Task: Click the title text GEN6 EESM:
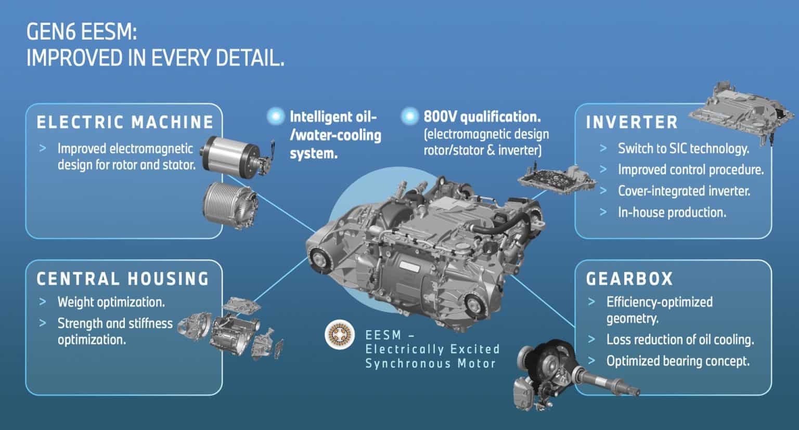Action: pyautogui.click(x=82, y=33)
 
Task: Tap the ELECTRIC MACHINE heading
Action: pyautogui.click(x=125, y=123)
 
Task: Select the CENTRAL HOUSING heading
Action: pyautogui.click(x=123, y=279)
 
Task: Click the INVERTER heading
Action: pyautogui.click(x=632, y=123)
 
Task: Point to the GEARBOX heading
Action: pyautogui.click(x=629, y=279)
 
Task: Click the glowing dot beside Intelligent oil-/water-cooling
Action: pyautogui.click(x=275, y=116)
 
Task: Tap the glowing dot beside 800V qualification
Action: pyautogui.click(x=410, y=115)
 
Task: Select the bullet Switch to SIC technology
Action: pyautogui.click(x=683, y=149)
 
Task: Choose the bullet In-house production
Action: pyautogui.click(x=672, y=212)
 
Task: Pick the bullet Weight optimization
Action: pyautogui.click(x=111, y=302)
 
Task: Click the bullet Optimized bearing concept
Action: pyautogui.click(x=678, y=361)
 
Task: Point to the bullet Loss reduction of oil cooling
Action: pyautogui.click(x=680, y=340)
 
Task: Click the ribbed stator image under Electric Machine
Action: pyautogui.click(x=229, y=203)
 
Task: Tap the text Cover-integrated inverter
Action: pyautogui.click(x=684, y=191)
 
